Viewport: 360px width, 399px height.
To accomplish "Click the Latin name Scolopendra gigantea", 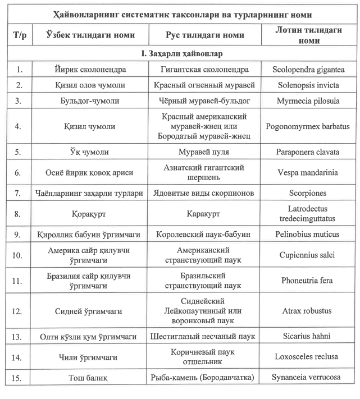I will pos(308,70).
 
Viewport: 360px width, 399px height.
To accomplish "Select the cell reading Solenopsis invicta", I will pos(308,85).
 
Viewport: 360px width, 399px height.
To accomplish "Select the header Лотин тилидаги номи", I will pos(308,35).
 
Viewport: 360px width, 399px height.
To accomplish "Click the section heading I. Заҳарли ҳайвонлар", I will pos(180,54).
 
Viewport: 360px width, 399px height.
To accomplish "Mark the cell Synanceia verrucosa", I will pos(308,377).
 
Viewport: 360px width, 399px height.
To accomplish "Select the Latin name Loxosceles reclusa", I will pos(308,356).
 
